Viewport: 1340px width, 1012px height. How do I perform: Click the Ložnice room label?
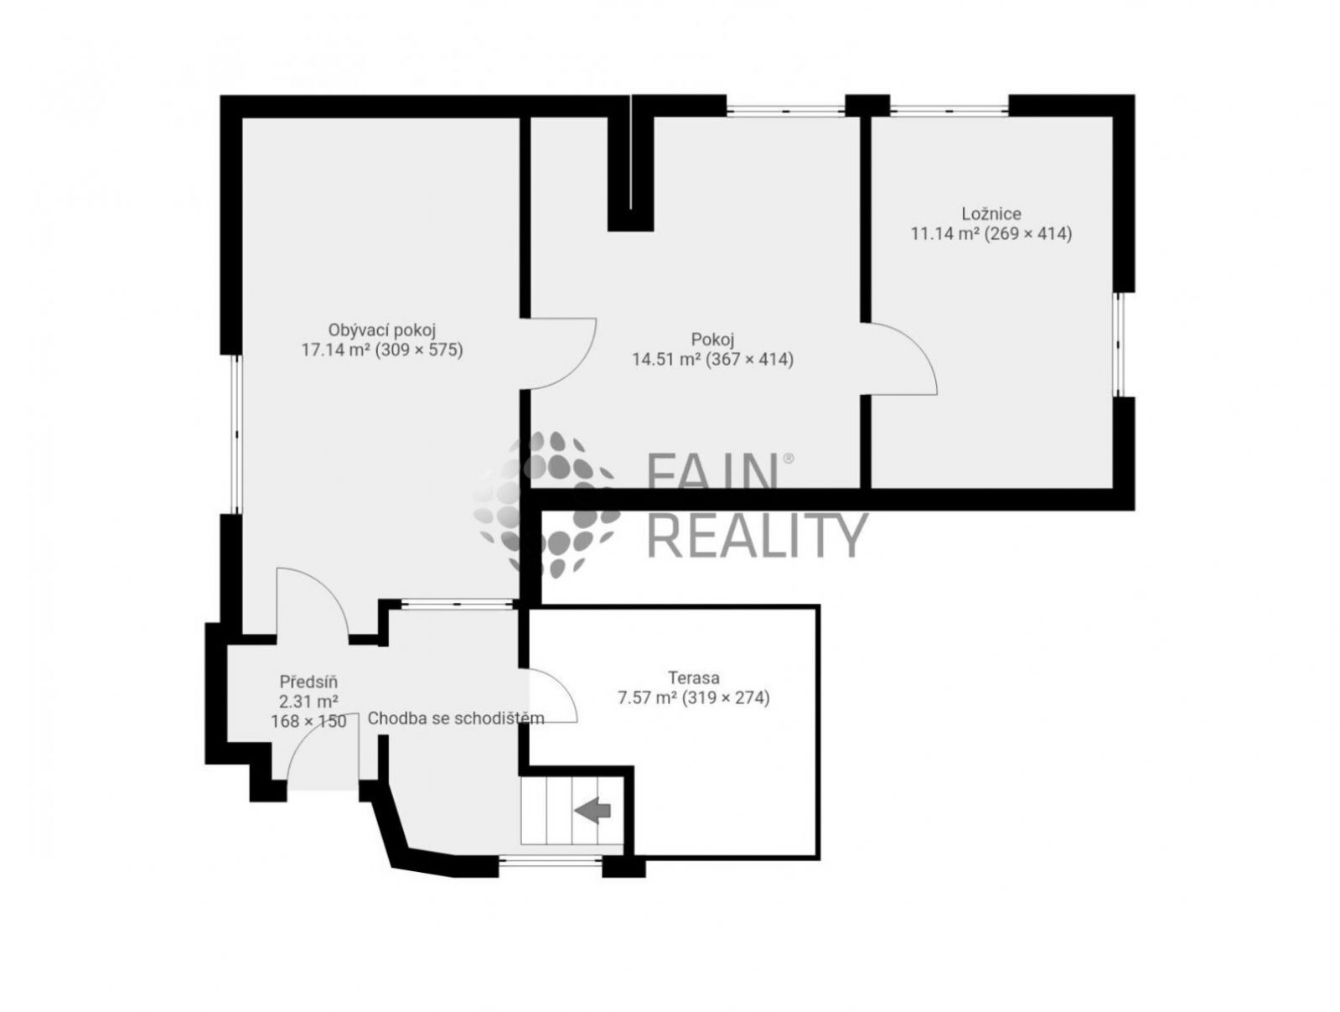pos(991,214)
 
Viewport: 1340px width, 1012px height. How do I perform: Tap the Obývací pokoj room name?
pos(382,330)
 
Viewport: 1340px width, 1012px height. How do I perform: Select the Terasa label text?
pos(694,677)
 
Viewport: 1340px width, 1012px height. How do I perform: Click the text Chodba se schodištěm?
pos(455,719)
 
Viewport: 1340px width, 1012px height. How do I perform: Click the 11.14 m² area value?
pos(945,233)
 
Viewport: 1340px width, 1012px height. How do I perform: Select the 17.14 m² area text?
pos(335,350)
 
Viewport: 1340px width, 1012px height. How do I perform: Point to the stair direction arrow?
pos(592,810)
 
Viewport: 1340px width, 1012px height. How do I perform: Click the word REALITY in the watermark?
pos(757,535)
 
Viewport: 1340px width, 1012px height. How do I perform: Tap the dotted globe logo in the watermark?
pos(546,505)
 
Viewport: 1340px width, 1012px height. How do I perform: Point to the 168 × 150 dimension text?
pos(309,721)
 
